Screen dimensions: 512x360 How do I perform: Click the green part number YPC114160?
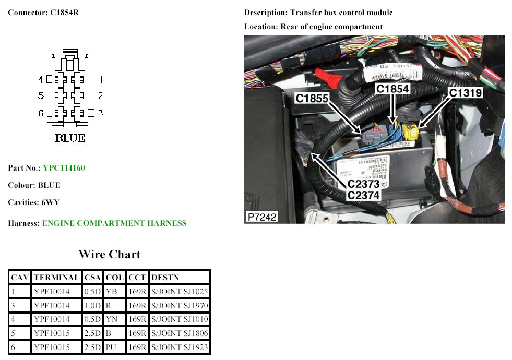[64, 168]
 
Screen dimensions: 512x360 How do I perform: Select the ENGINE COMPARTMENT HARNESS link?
[114, 223]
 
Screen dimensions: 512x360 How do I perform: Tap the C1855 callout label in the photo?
[312, 98]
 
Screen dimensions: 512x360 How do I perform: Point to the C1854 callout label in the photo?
[392, 89]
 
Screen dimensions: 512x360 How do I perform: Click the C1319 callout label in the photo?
[466, 93]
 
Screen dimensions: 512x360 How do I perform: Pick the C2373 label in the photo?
[363, 184]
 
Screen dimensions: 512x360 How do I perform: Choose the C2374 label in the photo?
[363, 195]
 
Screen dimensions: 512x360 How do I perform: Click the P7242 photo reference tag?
[262, 217]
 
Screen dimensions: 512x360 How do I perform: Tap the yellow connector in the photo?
[410, 132]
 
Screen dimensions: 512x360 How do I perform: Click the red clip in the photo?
[329, 78]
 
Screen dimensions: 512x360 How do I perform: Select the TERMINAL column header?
[57, 278]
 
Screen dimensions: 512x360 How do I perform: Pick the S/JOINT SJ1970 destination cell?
[180, 306]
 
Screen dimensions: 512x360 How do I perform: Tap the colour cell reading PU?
[111, 347]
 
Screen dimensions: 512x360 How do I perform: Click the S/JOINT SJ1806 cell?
[180, 333]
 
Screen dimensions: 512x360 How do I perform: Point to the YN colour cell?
[111, 319]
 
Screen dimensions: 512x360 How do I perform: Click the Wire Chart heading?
[110, 254]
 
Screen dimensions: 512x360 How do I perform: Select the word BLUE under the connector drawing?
[70, 138]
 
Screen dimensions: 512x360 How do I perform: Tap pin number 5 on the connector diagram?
[41, 95]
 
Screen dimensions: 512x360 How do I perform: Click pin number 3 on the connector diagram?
[101, 113]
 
